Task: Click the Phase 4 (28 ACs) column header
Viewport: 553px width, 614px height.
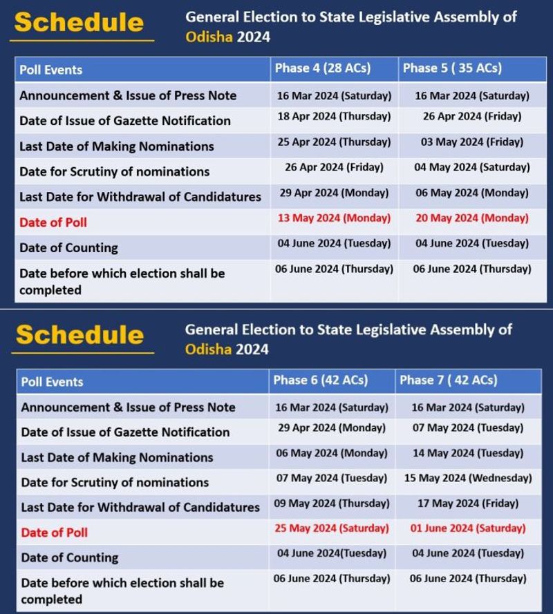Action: coord(323,68)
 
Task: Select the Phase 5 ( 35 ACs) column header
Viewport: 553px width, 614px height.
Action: coord(452,68)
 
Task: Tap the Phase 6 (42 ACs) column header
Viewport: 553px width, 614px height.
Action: coord(321,381)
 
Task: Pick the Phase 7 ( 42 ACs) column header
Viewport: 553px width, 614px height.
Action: coord(448,381)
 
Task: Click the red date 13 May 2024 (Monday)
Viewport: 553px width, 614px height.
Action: coord(335,218)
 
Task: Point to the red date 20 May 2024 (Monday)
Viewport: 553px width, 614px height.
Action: coord(472,218)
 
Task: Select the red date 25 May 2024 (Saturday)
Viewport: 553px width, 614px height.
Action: coord(332,528)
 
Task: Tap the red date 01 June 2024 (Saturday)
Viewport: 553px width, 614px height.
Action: coord(468,528)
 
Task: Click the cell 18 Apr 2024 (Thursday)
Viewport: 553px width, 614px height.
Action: coord(334,117)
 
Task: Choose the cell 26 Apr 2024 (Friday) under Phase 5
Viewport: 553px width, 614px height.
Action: coord(472,117)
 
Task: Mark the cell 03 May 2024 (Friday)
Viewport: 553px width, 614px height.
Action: coord(472,142)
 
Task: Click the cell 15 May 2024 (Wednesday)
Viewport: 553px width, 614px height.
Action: coord(468,478)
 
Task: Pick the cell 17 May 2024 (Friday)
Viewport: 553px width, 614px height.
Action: coord(468,503)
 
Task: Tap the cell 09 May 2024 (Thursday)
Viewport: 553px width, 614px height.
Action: coord(332,503)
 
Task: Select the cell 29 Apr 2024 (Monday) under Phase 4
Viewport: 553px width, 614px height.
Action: coord(335,193)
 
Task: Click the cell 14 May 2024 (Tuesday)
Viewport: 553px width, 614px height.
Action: coord(468,453)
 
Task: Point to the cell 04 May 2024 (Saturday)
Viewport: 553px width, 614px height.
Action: coord(472,167)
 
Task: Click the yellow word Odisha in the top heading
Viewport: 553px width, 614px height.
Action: coord(208,37)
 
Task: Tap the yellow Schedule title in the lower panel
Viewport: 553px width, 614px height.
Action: coord(79,335)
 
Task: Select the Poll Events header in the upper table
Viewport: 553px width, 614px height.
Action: coord(51,70)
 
